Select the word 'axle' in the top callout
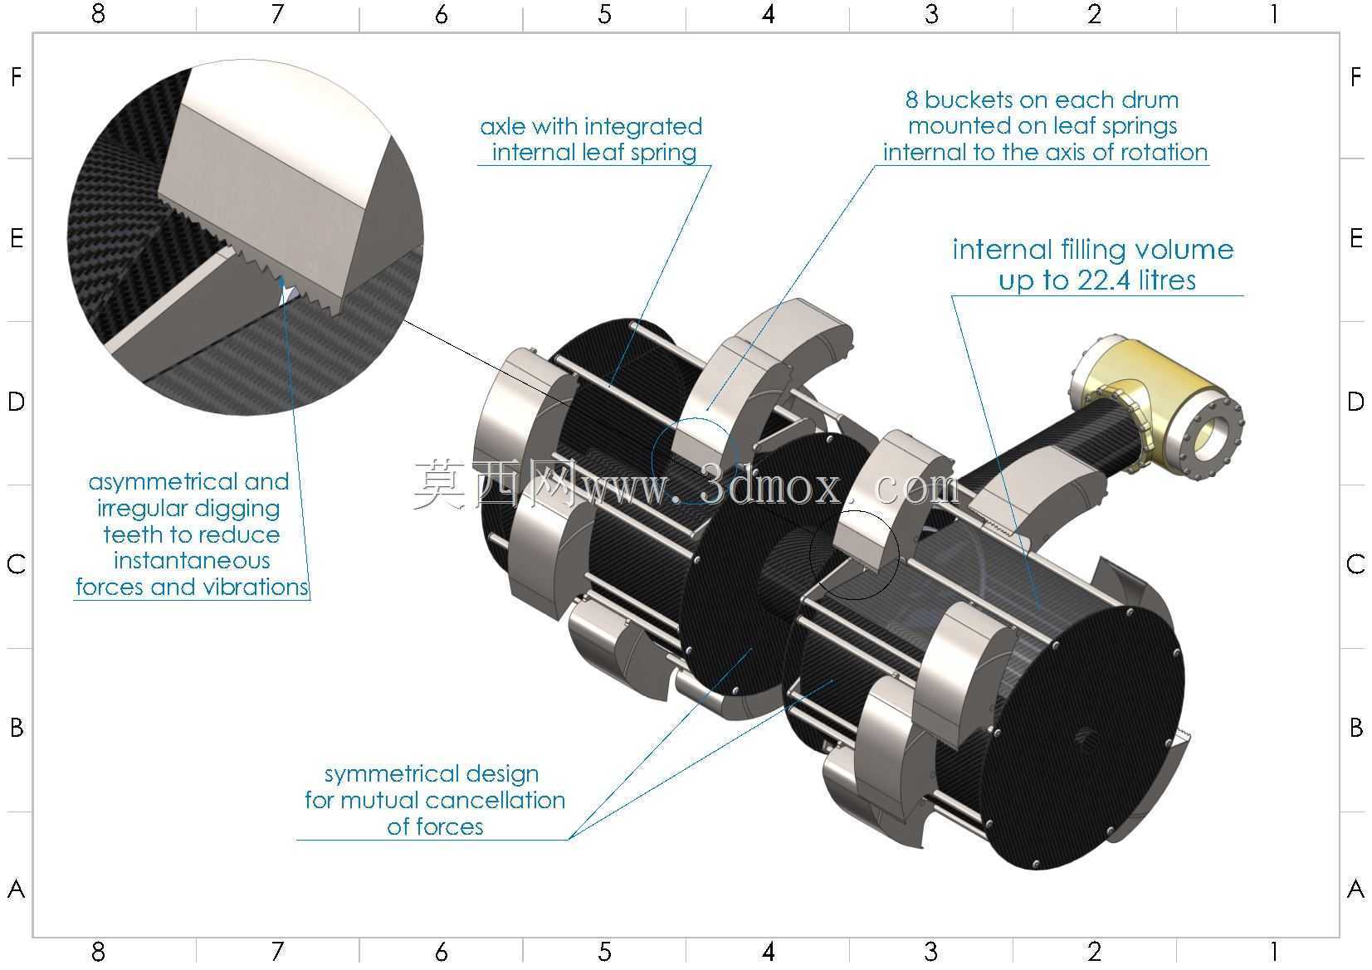point(503,127)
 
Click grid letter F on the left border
point(17,77)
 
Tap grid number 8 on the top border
point(98,13)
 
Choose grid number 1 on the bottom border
point(1274,952)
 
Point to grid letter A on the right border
point(1356,889)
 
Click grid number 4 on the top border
point(768,13)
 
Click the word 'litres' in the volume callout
point(1167,280)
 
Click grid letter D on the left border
point(17,402)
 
